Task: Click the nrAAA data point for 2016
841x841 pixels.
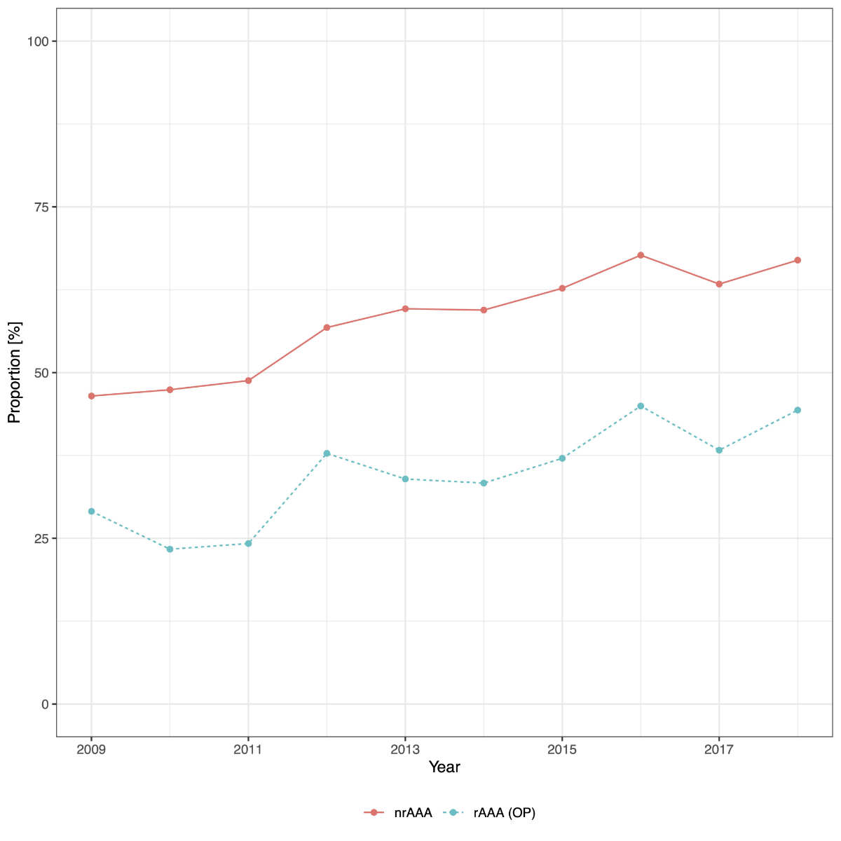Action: click(641, 255)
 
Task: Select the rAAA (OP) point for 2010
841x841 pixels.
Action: click(170, 549)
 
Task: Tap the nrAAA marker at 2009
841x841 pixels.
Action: click(91, 396)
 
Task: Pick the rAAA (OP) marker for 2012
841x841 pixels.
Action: click(327, 453)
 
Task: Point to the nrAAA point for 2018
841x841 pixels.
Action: click(798, 260)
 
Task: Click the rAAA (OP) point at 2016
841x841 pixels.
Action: click(641, 406)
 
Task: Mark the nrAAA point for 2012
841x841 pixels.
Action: click(327, 327)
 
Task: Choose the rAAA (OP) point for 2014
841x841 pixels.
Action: click(484, 483)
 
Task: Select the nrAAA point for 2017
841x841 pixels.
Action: click(719, 284)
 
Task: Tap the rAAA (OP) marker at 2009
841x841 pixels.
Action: click(91, 512)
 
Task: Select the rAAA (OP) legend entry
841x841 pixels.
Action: click(491, 813)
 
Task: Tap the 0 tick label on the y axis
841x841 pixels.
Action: click(45, 704)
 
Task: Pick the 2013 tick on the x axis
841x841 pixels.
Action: click(405, 750)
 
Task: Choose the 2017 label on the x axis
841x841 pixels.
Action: click(719, 750)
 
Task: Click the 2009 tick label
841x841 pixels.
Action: click(91, 750)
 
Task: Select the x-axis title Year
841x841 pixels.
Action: click(444, 767)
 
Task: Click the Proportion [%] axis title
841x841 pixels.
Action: click(15, 372)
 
